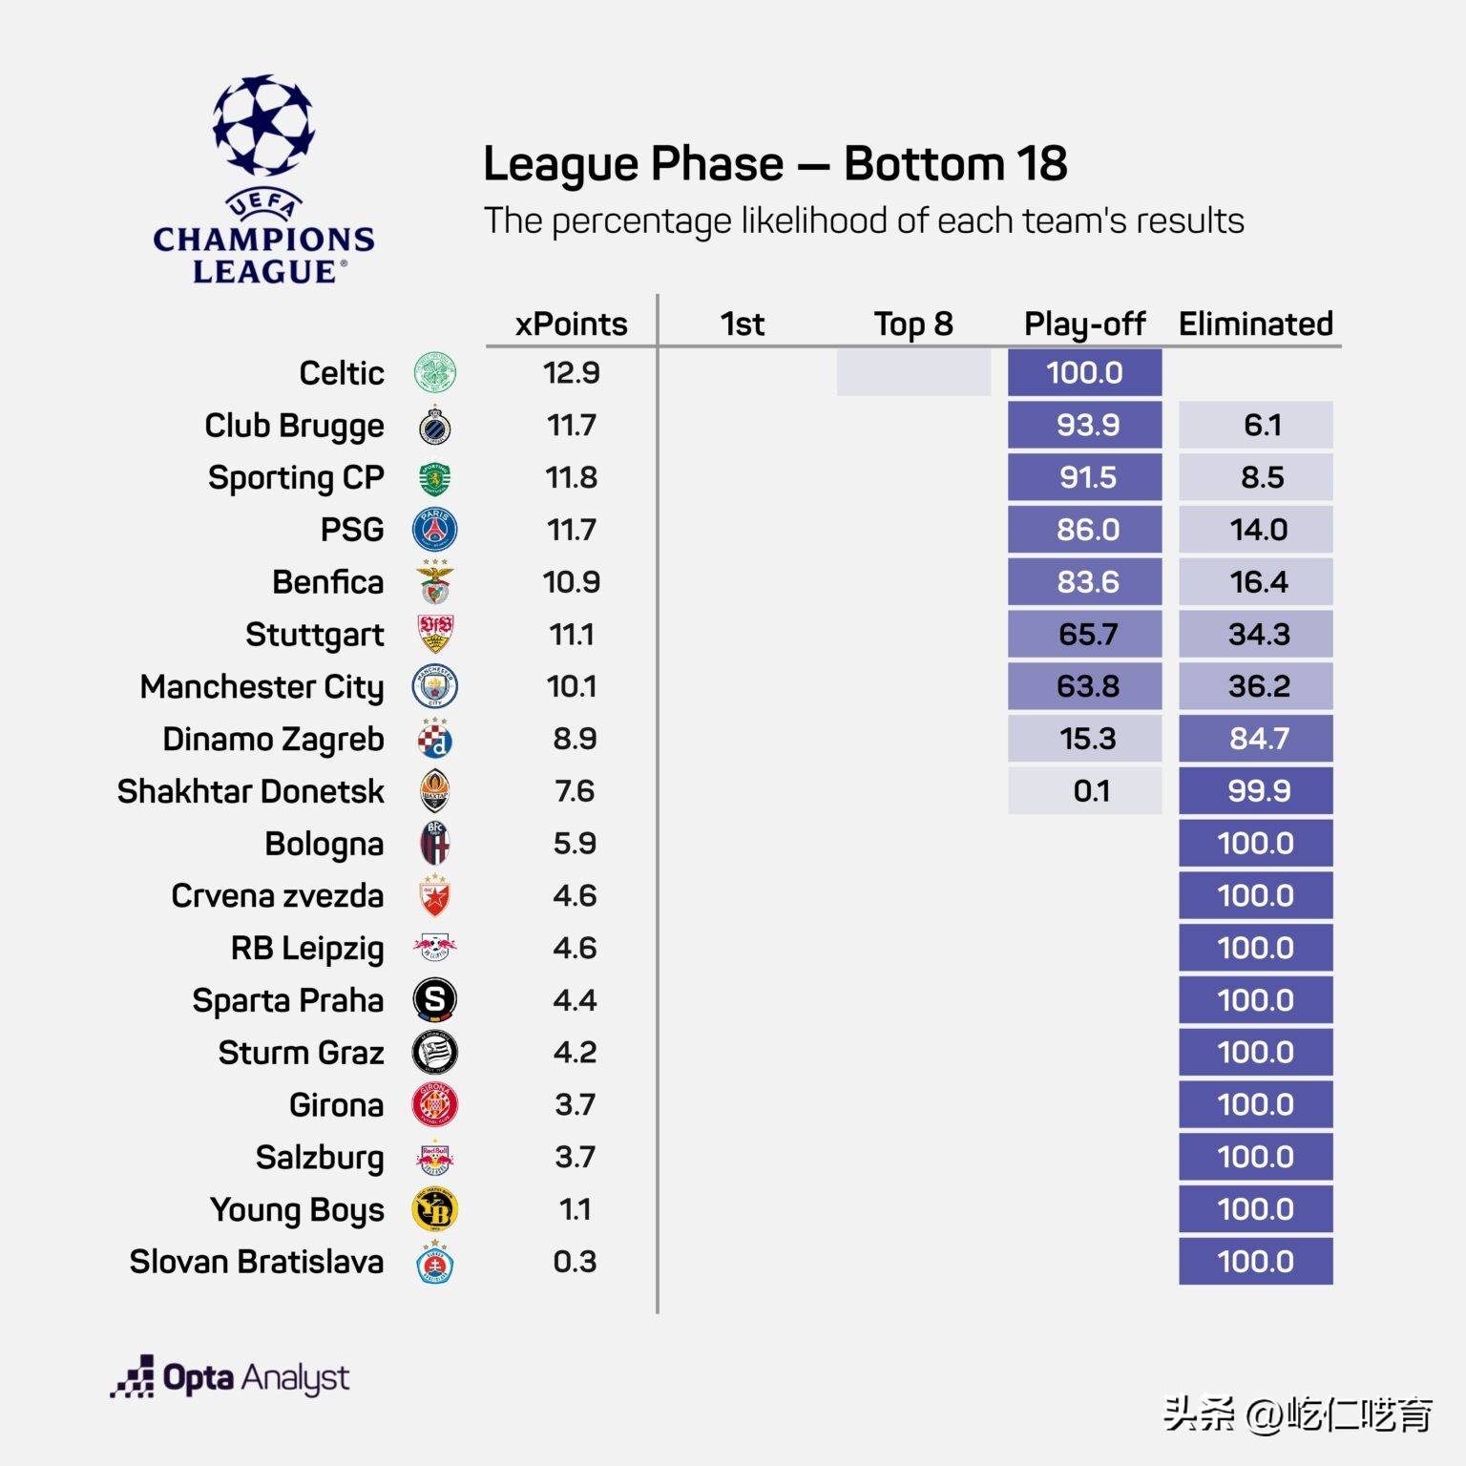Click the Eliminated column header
pyautogui.click(x=1255, y=324)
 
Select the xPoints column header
pyautogui.click(x=571, y=324)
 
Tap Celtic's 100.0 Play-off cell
pyautogui.click(x=1084, y=372)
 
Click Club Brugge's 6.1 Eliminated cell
pyautogui.click(x=1255, y=425)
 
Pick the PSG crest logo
pyautogui.click(x=434, y=530)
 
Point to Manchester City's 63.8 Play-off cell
pyautogui.click(x=1084, y=686)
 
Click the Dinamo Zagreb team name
pyautogui.click(x=273, y=739)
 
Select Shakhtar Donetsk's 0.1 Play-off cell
pyautogui.click(x=1084, y=791)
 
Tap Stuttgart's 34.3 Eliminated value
pyautogui.click(x=1257, y=634)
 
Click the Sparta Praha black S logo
pyautogui.click(x=434, y=999)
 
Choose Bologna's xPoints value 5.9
pyautogui.click(x=574, y=844)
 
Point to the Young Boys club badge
pyautogui.click(x=434, y=1209)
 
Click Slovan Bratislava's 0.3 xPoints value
pyautogui.click(x=574, y=1262)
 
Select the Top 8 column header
pyautogui.click(x=913, y=324)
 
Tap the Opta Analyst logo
pyautogui.click(x=230, y=1378)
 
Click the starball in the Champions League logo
pyautogui.click(x=263, y=124)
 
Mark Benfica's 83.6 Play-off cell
pyautogui.click(x=1084, y=582)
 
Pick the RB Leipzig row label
pyautogui.click(x=307, y=948)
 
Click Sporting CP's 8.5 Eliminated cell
pyautogui.click(x=1255, y=477)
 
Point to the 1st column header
pyautogui.click(x=742, y=324)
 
